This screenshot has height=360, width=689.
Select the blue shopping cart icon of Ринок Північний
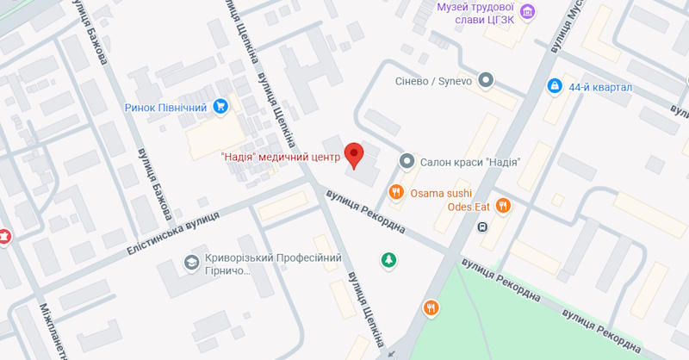221,107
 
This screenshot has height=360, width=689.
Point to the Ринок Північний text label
167,108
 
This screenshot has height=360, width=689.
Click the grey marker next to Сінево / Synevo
486,81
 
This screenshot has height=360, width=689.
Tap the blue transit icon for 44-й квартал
555,87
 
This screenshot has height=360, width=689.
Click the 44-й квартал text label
600,87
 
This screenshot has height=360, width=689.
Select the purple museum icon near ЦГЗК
527,10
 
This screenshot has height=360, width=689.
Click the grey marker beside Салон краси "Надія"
407,161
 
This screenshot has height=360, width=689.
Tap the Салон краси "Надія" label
469,162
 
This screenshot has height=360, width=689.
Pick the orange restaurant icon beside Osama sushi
396,192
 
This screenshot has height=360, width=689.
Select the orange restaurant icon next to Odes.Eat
504,205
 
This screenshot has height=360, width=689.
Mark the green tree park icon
389,258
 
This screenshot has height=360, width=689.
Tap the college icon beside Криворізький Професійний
190,262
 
